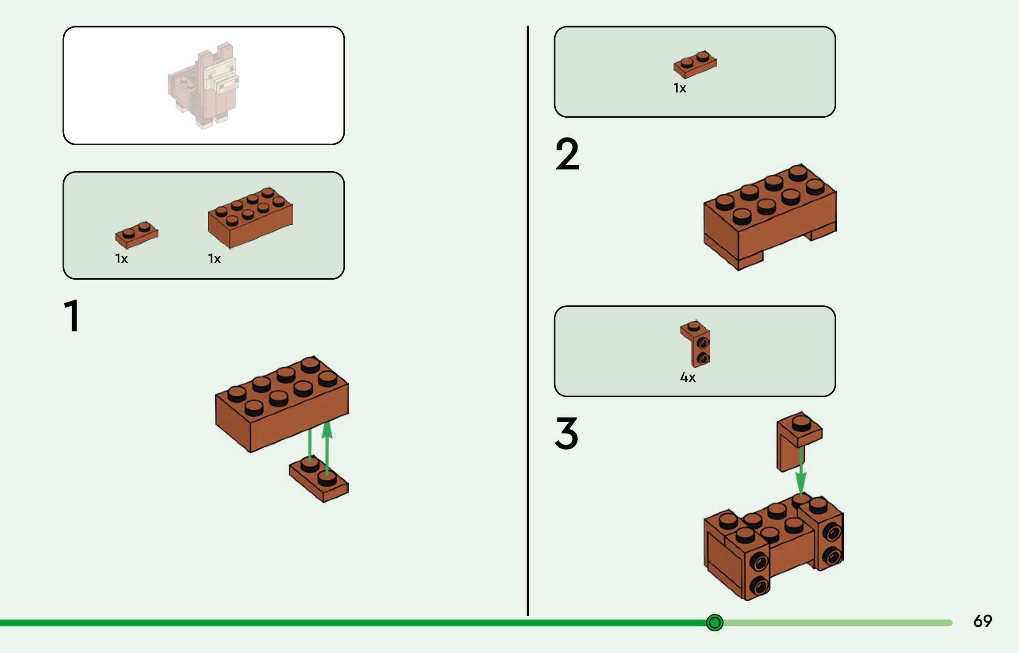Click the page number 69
tap(982, 621)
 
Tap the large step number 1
tap(72, 315)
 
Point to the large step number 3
tap(566, 433)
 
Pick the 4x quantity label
tap(688, 377)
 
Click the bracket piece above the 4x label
tap(696, 344)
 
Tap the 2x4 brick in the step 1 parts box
tap(250, 216)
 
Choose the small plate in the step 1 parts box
tap(136, 234)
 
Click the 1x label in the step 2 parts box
tap(680, 88)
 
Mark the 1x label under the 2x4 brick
tap(214, 259)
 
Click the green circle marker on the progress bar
tap(715, 622)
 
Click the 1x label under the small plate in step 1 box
tap(121, 259)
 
